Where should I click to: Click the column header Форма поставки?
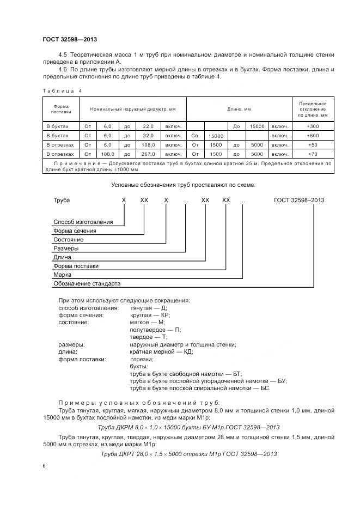tap(61, 108)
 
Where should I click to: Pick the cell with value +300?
tap(313, 126)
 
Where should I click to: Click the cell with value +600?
tap(313, 135)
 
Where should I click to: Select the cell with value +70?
tap(313, 154)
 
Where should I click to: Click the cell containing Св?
tap(196, 135)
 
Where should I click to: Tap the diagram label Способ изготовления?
tap(83, 222)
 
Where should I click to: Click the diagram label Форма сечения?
tap(75, 231)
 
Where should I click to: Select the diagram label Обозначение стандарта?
tap(87, 284)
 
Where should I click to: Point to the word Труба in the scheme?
tap(62, 200)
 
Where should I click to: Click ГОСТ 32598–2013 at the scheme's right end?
tap(298, 200)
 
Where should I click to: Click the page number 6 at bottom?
tap(44, 466)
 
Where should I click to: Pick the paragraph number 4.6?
tap(63, 69)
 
